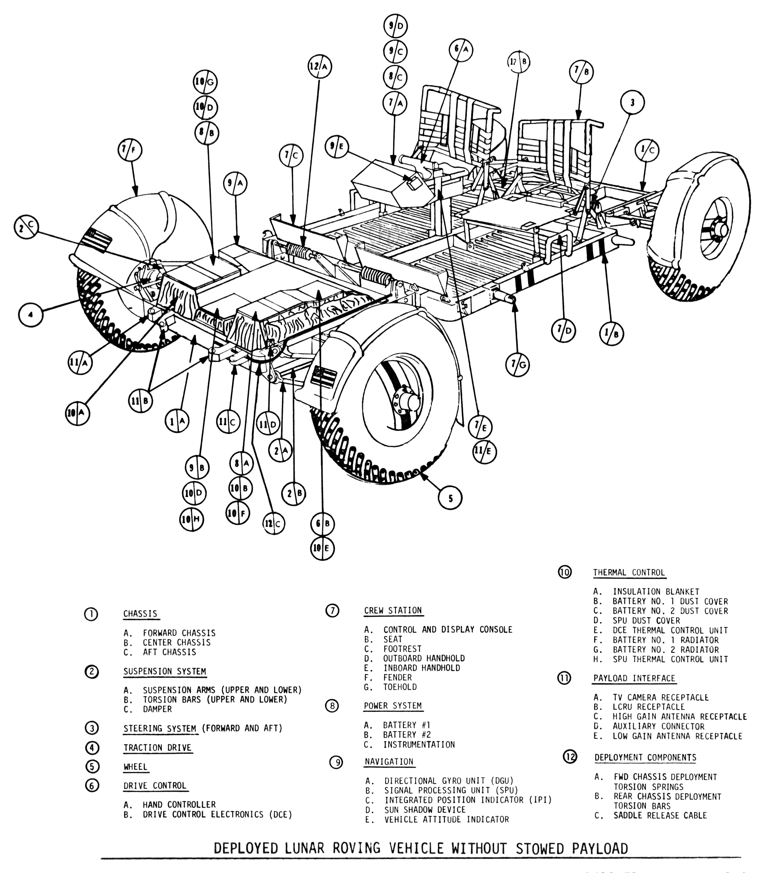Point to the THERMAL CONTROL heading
629,572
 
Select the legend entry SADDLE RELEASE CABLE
660,815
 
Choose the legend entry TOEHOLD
400,687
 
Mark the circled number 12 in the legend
570,757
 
